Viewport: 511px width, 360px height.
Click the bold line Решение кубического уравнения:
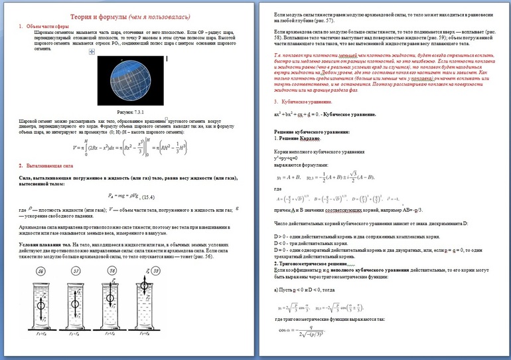click(x=307, y=133)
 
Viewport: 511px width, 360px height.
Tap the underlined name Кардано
click(x=311, y=139)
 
